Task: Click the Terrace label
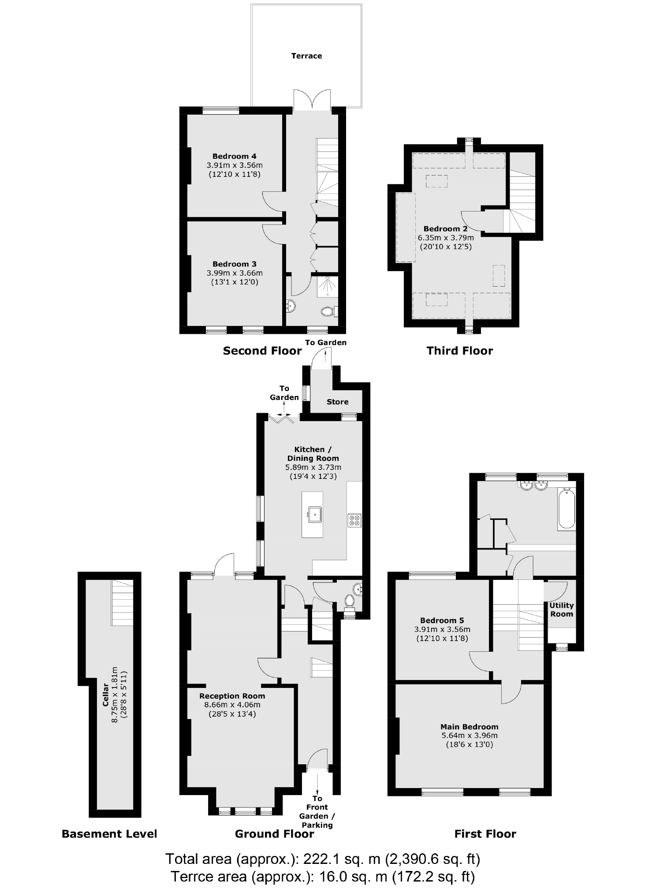tap(306, 56)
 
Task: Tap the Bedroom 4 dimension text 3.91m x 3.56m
tap(235, 165)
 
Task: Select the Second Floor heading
tap(262, 351)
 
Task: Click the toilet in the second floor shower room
tap(328, 311)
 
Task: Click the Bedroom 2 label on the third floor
tap(445, 229)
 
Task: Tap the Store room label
tap(337, 402)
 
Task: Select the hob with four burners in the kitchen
tap(354, 520)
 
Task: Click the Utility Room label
tap(561, 609)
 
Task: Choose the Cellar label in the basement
tap(105, 695)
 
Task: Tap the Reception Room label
tap(232, 696)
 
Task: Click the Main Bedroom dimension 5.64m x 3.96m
tap(469, 735)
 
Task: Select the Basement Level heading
tap(109, 834)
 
